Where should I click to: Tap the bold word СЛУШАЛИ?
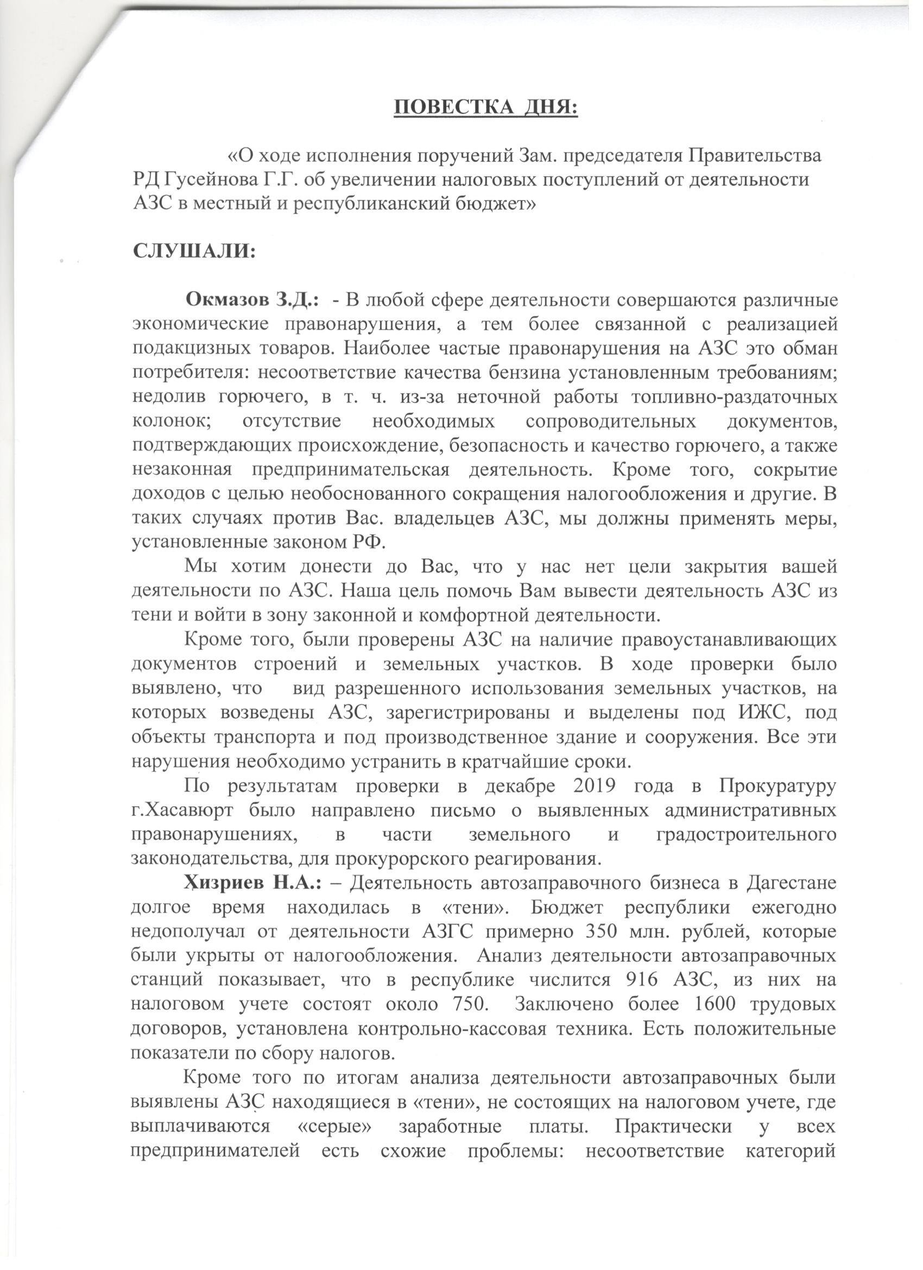point(194,252)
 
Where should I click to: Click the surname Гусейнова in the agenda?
point(217,180)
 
